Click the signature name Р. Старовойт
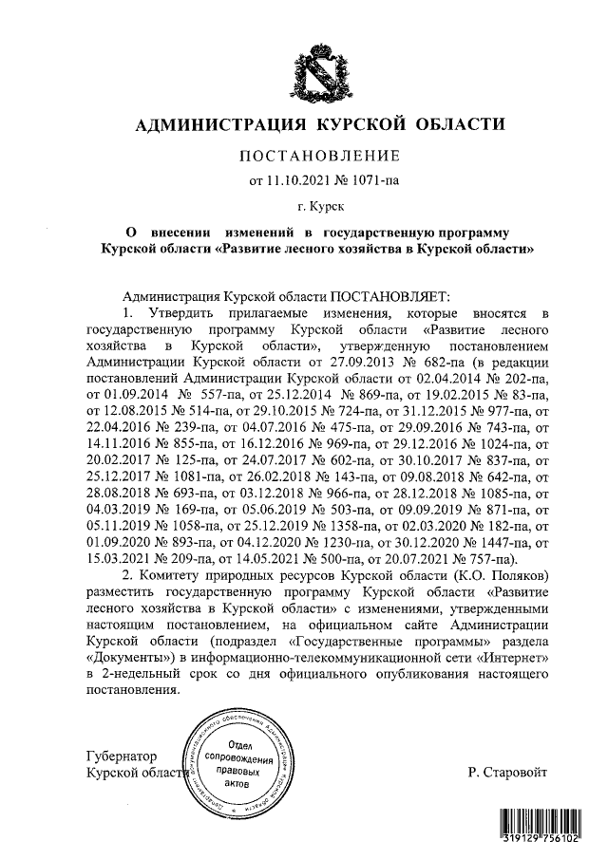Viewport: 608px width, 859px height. coord(507,774)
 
